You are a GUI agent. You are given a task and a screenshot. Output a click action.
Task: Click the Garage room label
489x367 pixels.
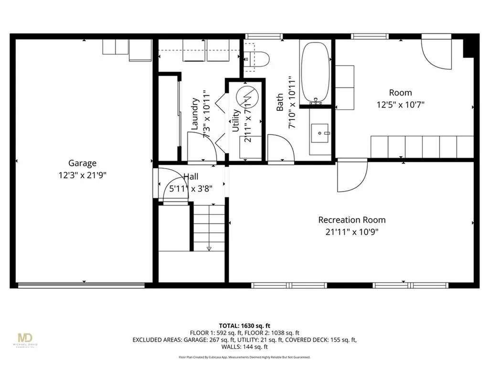tap(82, 163)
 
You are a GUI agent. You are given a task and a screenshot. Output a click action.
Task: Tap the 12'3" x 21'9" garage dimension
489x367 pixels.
tap(82, 175)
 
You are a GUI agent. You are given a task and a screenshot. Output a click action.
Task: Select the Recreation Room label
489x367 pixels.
tap(351, 220)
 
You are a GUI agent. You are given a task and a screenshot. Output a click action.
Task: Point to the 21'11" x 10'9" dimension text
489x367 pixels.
tap(351, 232)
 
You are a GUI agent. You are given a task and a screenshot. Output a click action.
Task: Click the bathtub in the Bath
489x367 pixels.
tap(316, 72)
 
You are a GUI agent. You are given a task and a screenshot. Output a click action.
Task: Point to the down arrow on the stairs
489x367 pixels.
tap(209, 248)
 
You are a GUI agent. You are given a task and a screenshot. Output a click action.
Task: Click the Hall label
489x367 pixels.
tap(191, 177)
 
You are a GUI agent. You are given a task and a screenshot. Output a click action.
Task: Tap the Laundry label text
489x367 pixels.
tap(195, 114)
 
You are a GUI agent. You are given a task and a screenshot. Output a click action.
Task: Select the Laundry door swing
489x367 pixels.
tap(201, 147)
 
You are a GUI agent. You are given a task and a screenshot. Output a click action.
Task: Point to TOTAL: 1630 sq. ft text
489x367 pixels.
tap(244, 324)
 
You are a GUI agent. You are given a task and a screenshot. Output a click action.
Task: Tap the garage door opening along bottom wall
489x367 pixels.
tap(81, 286)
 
